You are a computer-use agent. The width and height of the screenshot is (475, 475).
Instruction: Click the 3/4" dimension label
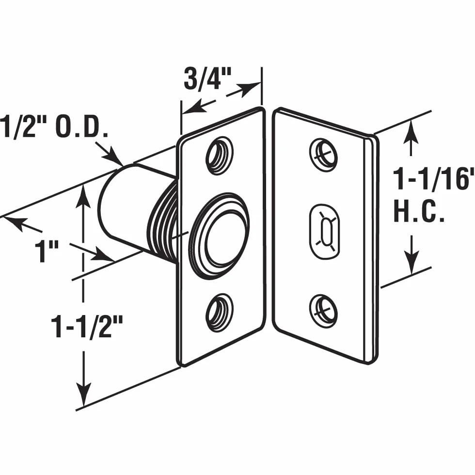[207, 79]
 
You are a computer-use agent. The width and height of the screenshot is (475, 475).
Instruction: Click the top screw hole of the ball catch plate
[219, 155]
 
